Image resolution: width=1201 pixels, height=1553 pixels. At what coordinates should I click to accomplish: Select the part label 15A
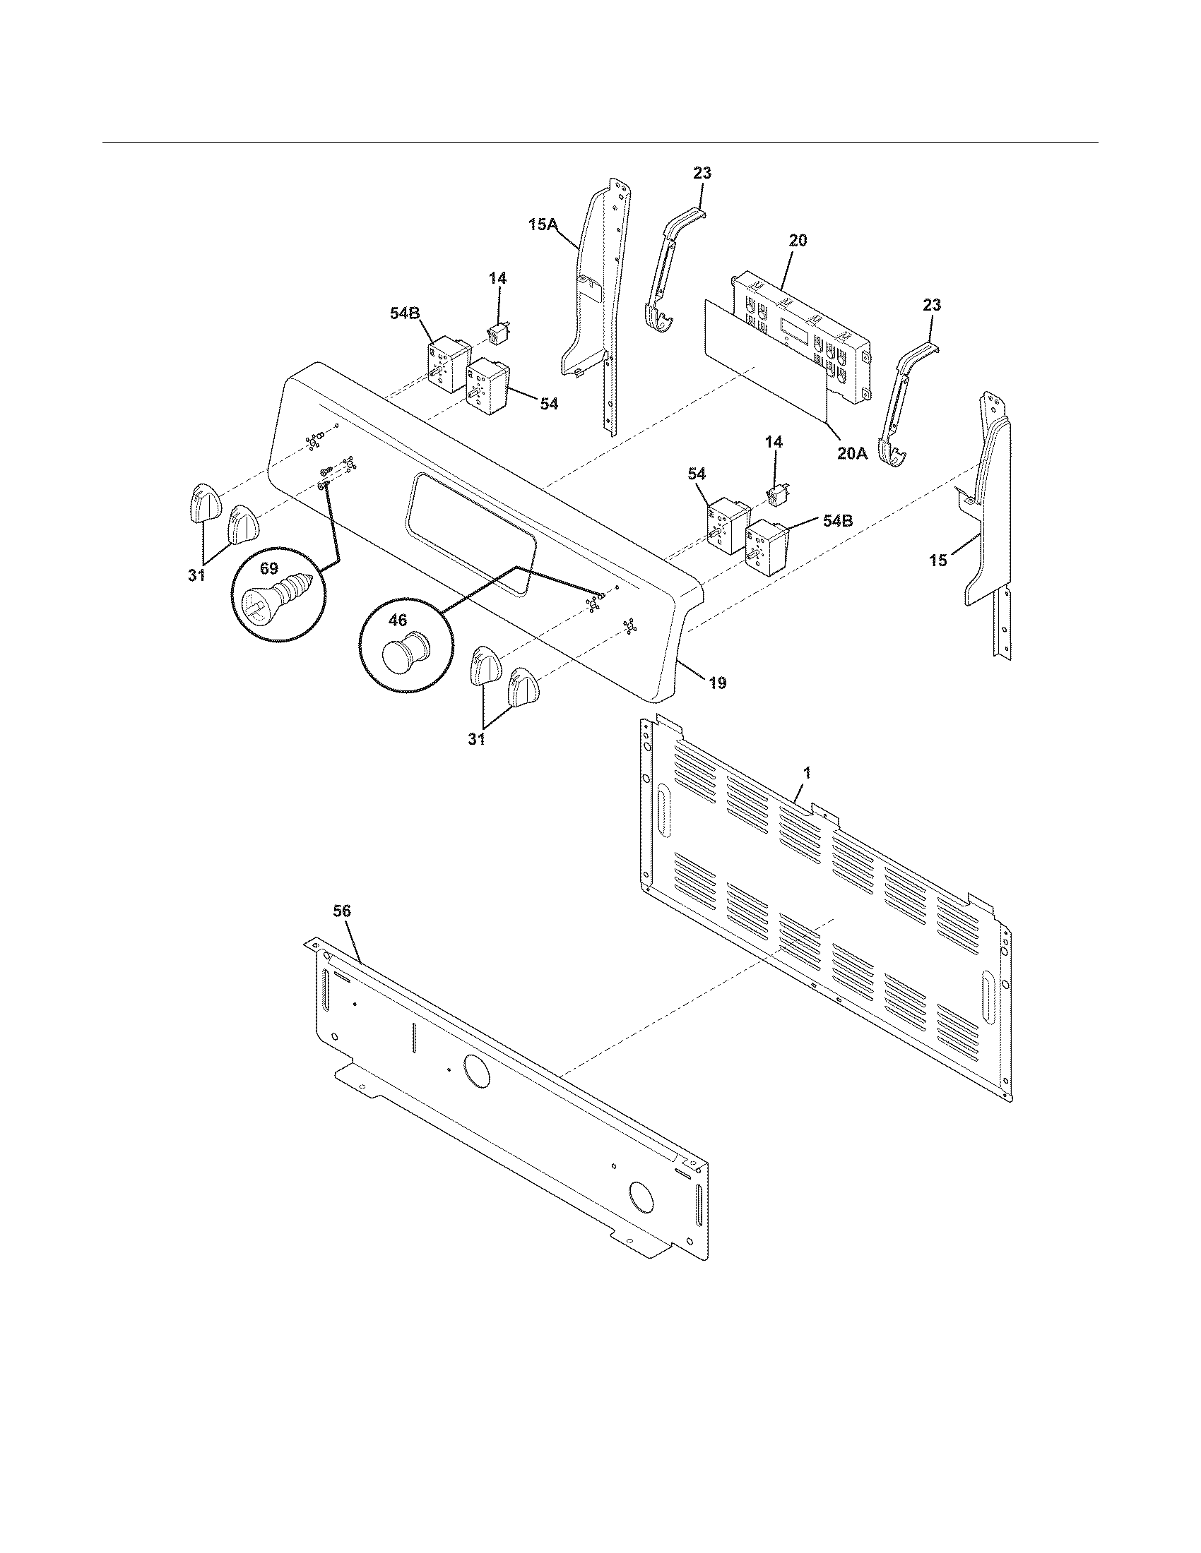(543, 224)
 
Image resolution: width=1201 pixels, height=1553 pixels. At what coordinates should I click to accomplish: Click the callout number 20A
(852, 453)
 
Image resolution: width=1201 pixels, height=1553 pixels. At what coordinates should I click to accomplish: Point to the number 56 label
(341, 911)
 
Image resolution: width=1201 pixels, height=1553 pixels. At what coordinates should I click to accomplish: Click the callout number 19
(717, 683)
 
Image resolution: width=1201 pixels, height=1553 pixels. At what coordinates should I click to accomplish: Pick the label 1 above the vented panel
(807, 771)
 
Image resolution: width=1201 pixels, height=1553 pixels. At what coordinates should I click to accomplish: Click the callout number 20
(798, 240)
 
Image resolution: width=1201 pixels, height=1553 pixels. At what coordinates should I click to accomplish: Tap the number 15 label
(938, 560)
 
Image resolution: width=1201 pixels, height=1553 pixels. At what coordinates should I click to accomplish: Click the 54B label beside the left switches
(404, 312)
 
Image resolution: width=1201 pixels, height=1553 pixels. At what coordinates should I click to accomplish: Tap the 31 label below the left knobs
(196, 575)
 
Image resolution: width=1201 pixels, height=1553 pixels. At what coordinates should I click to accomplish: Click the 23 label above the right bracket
(931, 305)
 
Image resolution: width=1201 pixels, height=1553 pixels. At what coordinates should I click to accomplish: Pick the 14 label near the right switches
(774, 442)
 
